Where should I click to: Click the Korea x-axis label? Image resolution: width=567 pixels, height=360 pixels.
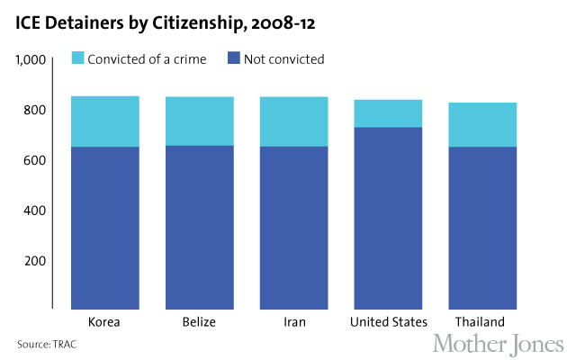[x=105, y=321]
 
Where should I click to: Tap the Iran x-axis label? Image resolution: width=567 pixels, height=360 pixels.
[x=292, y=321]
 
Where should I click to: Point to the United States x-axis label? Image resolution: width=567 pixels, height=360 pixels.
[x=387, y=321]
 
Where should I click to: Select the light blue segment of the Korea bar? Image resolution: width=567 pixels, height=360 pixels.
[x=105, y=121]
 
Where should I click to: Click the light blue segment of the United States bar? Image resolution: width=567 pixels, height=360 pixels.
[x=387, y=113]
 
